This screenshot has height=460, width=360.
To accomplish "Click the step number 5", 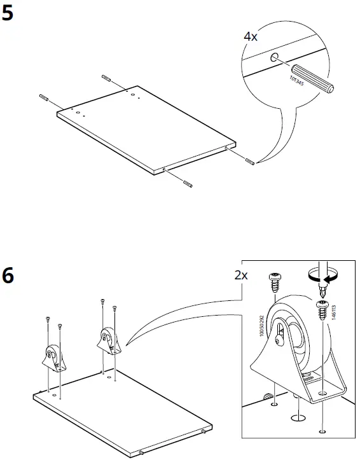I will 8,13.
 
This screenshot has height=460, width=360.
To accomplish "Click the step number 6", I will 8,277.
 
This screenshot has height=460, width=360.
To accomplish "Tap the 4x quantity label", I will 251,37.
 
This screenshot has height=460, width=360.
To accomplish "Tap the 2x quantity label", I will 241,275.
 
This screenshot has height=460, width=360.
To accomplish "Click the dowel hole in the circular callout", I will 274,59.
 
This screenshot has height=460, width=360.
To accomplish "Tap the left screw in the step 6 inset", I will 276,281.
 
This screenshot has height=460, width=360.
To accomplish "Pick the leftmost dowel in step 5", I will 44,97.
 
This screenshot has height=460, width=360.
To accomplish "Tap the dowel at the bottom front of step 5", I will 188,183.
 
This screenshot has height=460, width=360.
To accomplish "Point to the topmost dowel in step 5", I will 106,78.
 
